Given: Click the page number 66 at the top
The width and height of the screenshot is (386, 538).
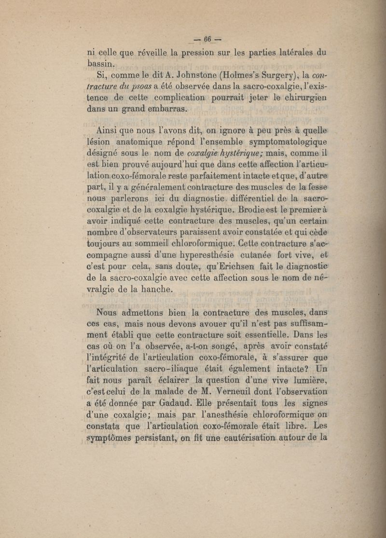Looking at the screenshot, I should click(x=208, y=40).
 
